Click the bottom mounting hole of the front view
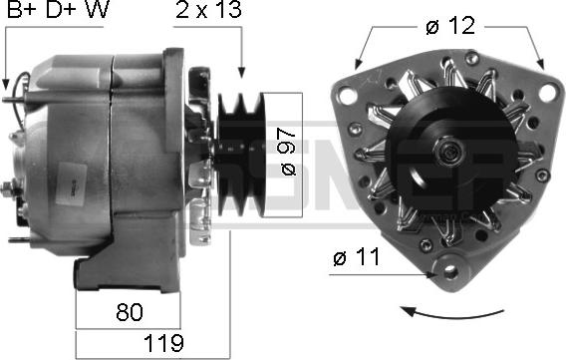pyautogui.click(x=446, y=269)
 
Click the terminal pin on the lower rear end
pyautogui.click(x=18, y=239)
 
